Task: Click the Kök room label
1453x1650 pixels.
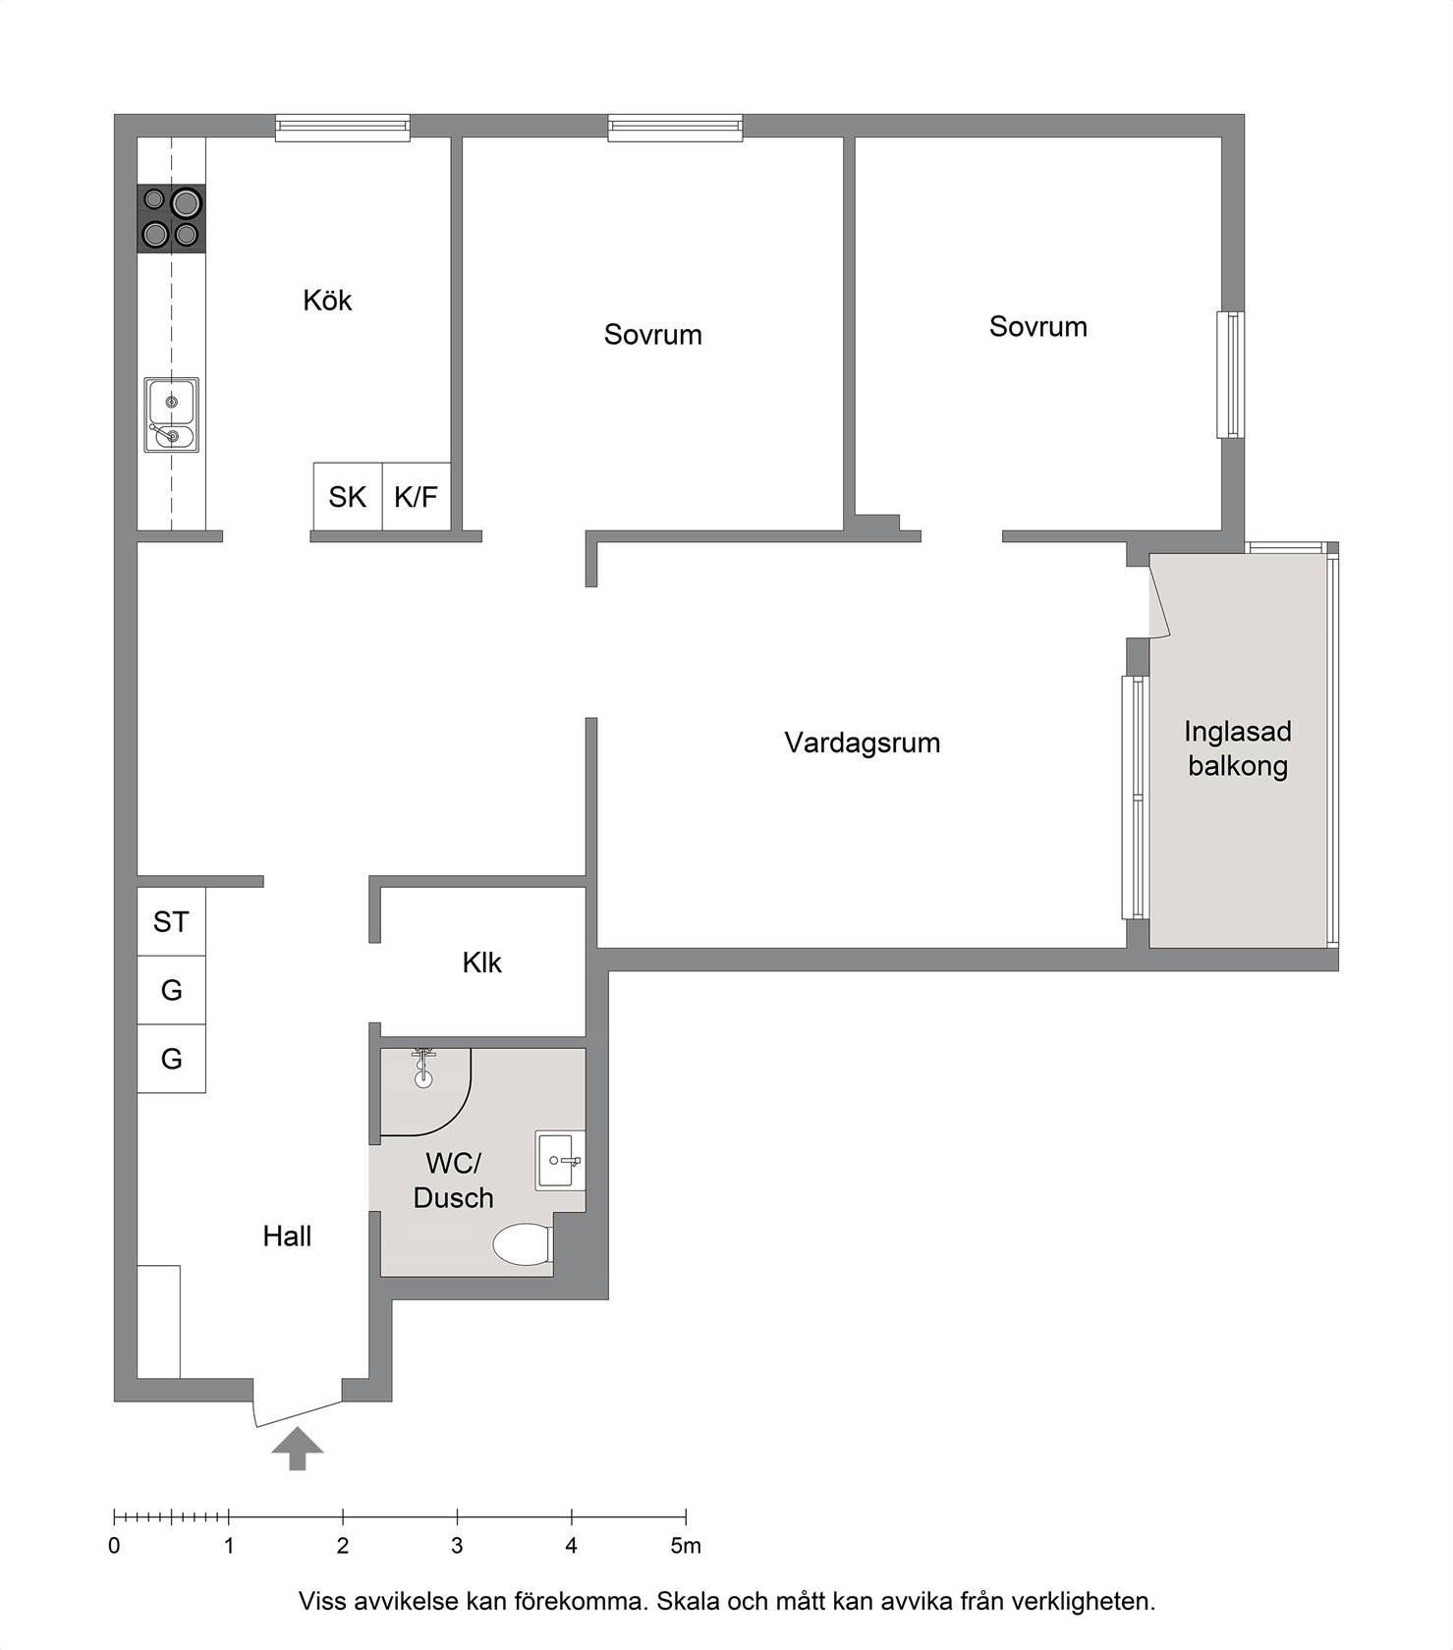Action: click(x=327, y=301)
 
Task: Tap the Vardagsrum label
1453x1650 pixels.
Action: click(x=862, y=743)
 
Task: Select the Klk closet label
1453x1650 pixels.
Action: click(x=481, y=962)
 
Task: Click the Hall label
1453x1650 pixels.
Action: click(x=287, y=1237)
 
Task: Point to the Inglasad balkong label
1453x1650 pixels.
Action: click(x=1238, y=748)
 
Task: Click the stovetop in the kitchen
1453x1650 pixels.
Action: click(x=171, y=219)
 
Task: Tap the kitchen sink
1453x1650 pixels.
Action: click(x=171, y=414)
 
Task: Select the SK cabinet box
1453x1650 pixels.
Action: click(x=348, y=497)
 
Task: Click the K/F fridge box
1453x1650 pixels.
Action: click(x=417, y=497)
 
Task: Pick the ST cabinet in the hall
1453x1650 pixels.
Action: click(x=171, y=921)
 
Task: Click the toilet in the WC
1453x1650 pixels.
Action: click(x=522, y=1244)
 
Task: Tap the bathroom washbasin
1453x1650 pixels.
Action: click(x=560, y=1161)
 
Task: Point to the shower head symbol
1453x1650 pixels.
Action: click(x=423, y=1067)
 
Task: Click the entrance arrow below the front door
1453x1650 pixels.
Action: click(x=298, y=1450)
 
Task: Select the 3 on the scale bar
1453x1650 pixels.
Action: click(x=457, y=1546)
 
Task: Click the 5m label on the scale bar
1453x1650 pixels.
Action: click(x=686, y=1546)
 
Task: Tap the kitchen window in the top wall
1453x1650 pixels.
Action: click(x=342, y=128)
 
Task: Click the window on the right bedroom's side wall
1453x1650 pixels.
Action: click(x=1231, y=374)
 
